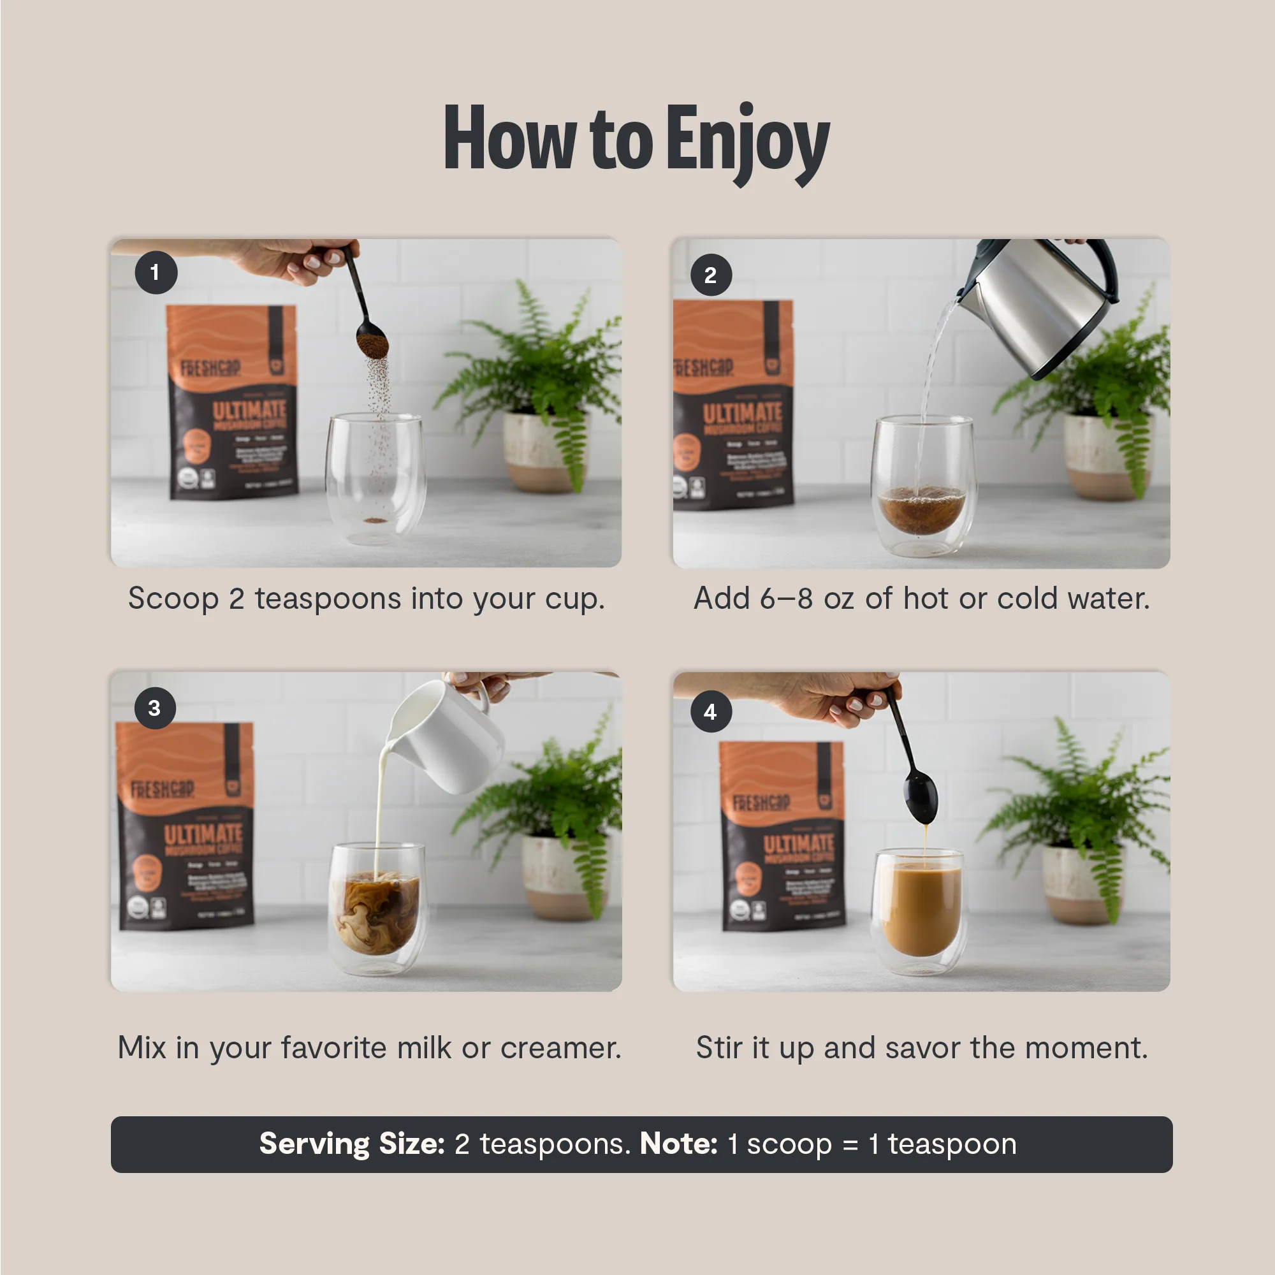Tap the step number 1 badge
tap(156, 273)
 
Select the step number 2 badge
tap(711, 275)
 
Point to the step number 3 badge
tap(154, 708)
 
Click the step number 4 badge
tap(711, 712)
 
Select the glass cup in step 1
tap(374, 479)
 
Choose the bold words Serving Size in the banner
tap(352, 1144)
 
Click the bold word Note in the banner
tap(678, 1144)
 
